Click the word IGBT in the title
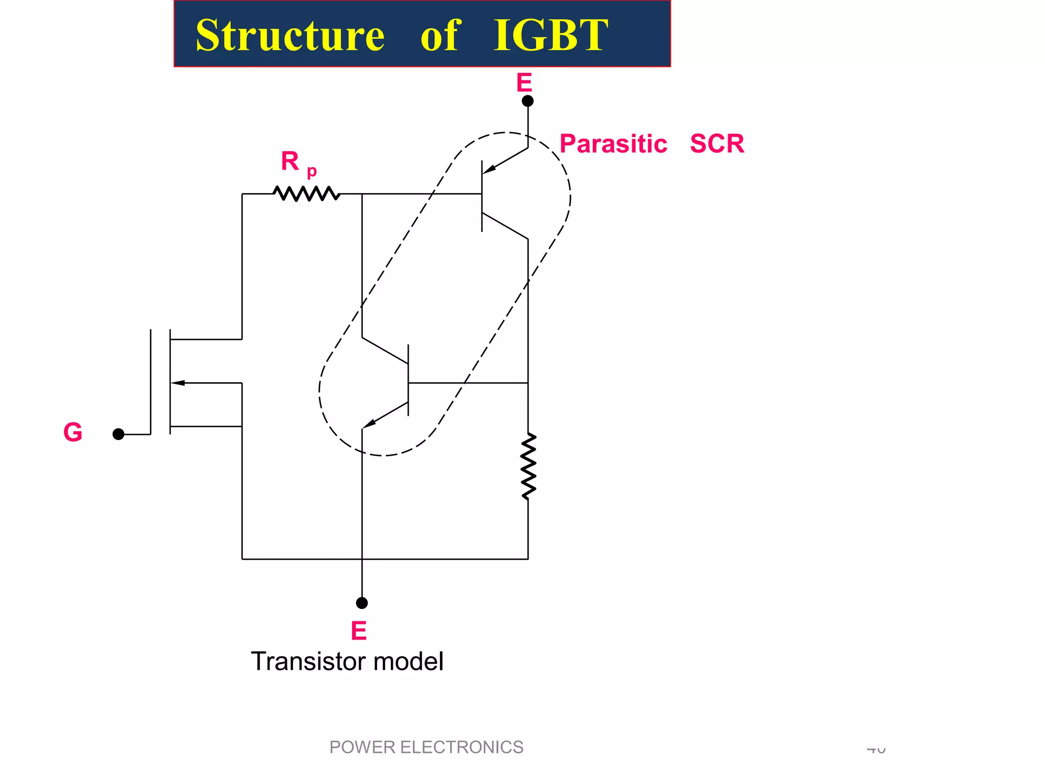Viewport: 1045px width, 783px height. pos(551,35)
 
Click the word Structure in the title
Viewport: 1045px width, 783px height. pos(290,35)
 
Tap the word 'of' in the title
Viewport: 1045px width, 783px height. pos(440,35)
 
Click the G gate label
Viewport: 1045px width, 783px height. pos(73,432)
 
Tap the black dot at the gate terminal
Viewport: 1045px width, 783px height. pos(118,434)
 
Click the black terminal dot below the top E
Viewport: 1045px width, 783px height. pos(528,101)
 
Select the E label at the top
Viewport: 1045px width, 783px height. pos(524,83)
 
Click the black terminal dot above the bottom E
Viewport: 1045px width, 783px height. pos(362,603)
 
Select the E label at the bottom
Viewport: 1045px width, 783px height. pos(359,631)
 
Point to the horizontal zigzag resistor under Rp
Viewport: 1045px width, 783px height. pos(306,194)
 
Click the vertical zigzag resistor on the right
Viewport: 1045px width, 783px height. pos(528,466)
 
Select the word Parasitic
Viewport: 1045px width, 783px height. pos(613,144)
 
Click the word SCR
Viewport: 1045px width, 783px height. pos(717,144)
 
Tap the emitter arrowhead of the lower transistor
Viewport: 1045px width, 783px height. pos(370,423)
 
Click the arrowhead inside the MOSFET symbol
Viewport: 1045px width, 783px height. pos(178,383)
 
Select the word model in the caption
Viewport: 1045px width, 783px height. pos(408,662)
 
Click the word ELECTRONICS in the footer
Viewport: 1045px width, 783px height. pos(461,747)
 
